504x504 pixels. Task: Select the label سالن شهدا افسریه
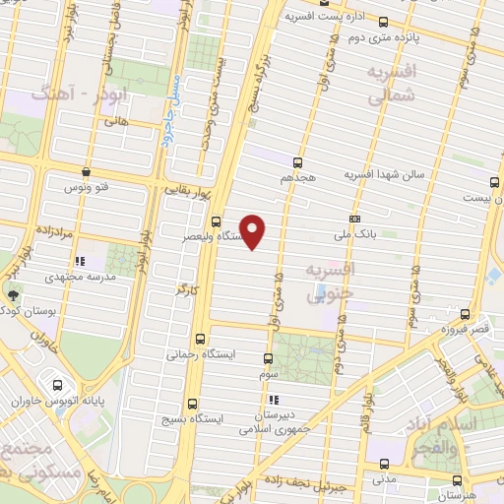pos(383,174)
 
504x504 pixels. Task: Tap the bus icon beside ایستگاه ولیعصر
pos(217,221)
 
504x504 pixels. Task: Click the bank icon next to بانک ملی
pos(354,220)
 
